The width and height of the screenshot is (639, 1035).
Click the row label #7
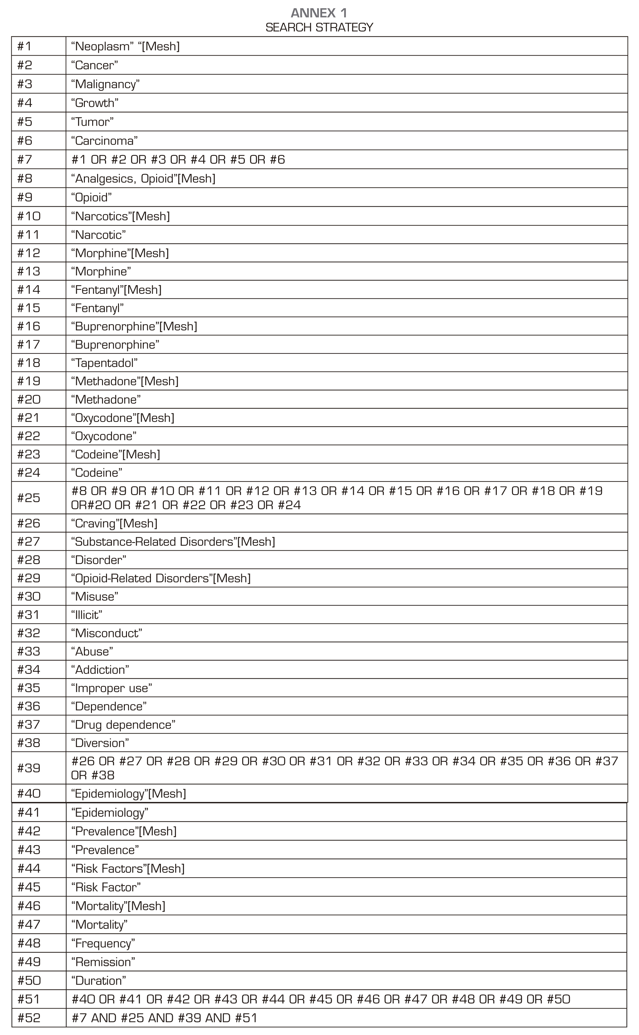point(25,160)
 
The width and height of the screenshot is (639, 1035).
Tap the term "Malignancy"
point(105,84)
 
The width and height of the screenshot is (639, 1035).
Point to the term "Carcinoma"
point(105,141)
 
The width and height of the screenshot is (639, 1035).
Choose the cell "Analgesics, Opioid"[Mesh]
point(143,179)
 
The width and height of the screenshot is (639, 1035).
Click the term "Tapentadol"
point(105,363)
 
